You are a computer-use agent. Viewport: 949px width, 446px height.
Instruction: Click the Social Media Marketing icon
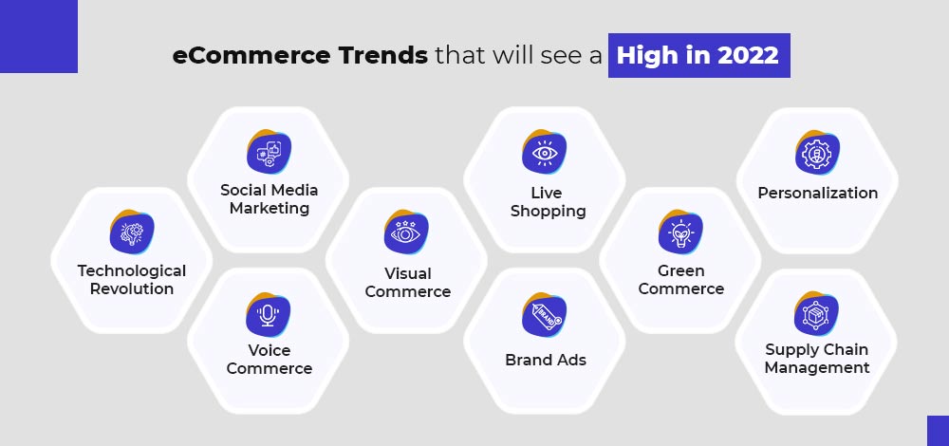(269, 152)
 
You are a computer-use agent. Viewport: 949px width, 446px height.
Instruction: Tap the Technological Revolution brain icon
(132, 232)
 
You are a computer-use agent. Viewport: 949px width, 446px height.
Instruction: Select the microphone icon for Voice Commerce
(269, 315)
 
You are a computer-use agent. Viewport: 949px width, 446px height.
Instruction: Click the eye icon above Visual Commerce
(406, 232)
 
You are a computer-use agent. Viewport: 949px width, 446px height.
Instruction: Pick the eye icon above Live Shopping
(544, 152)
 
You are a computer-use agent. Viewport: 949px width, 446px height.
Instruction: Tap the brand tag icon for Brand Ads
(544, 315)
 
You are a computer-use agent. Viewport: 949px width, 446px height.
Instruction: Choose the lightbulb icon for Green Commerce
(680, 232)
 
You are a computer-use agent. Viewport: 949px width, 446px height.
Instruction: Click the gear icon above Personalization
(818, 152)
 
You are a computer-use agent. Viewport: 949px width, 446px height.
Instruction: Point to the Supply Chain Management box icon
(816, 313)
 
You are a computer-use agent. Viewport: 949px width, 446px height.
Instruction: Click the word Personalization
(818, 193)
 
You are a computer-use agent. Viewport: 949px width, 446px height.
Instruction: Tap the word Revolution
(132, 288)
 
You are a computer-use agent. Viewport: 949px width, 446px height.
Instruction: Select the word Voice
(269, 350)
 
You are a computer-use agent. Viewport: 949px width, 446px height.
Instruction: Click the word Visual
(408, 273)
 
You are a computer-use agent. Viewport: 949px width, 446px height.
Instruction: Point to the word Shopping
(549, 212)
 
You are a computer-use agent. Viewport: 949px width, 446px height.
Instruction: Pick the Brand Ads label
(546, 360)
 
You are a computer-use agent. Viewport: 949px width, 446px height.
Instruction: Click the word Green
(680, 270)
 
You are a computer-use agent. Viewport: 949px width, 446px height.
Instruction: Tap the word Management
(817, 368)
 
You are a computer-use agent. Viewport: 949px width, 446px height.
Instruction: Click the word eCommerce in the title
(251, 56)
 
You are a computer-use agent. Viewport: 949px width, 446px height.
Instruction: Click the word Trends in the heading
(383, 56)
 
